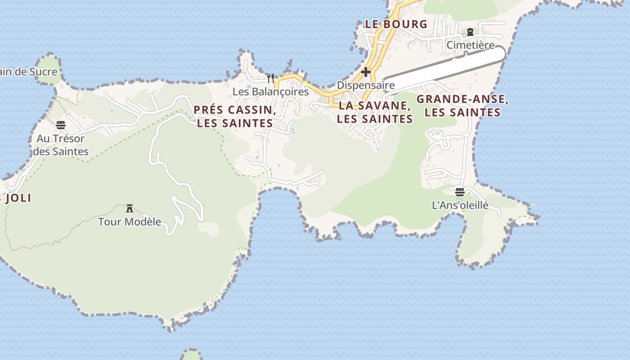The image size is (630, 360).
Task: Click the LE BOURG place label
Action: pos(396,24)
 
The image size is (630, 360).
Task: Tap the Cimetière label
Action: pos(470,45)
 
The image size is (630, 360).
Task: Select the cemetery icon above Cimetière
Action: pos(470,32)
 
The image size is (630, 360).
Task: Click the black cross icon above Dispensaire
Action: pos(366,72)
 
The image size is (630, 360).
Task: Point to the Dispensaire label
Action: pos(366,85)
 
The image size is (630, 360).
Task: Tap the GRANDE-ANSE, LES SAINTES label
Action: pos(463,106)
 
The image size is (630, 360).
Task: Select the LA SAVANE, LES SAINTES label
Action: pos(375,112)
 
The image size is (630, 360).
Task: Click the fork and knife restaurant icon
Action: pos(270,78)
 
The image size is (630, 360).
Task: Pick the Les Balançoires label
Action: pos(270,92)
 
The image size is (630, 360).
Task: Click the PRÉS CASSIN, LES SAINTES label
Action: pos(235,117)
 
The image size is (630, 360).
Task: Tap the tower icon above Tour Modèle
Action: pos(130,208)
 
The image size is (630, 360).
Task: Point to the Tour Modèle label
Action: pos(130,222)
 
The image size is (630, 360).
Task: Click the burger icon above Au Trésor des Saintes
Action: pos(61,125)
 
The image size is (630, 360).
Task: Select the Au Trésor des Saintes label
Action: pos(61,145)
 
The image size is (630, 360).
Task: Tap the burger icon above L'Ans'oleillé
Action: pos(460,192)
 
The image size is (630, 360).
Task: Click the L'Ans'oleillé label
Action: pos(460,206)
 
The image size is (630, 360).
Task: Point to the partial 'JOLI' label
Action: pos(17,198)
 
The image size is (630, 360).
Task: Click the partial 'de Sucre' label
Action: pos(29,72)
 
